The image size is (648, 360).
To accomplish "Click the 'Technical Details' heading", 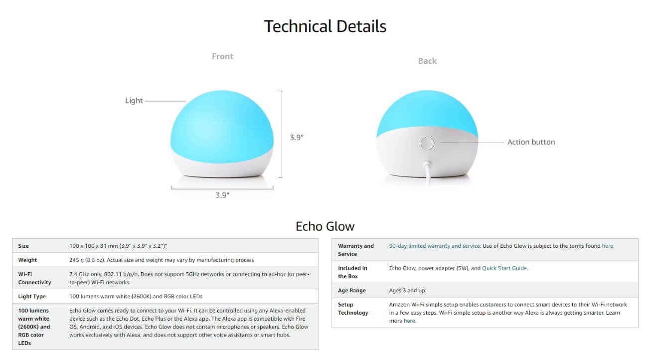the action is [x=325, y=26].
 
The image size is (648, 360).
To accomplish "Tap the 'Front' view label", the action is [x=222, y=56].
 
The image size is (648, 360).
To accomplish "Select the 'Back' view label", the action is [x=427, y=61].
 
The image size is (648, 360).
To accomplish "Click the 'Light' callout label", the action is [x=134, y=101].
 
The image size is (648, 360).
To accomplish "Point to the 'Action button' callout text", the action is [x=531, y=142].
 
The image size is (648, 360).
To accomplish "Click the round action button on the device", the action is [x=427, y=143].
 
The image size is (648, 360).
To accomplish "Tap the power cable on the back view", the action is [x=428, y=173].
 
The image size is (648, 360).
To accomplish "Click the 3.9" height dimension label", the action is [x=297, y=138].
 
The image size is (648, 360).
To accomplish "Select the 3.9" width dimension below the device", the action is [x=222, y=195].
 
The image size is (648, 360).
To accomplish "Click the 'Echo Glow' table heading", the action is [x=325, y=226].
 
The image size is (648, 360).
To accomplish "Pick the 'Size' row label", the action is [x=23, y=246].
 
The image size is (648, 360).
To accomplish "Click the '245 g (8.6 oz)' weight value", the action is [x=87, y=260].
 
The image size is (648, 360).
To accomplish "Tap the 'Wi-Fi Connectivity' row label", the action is [x=34, y=278].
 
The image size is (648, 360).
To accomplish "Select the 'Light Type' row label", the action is [x=32, y=296].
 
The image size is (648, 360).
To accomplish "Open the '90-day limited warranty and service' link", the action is [x=434, y=246].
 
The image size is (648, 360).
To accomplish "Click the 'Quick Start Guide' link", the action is [x=504, y=268].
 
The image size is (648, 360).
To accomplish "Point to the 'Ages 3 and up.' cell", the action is [x=407, y=290].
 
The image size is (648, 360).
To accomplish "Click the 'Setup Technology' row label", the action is [x=353, y=309].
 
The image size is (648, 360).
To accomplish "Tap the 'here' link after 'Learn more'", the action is [x=409, y=321].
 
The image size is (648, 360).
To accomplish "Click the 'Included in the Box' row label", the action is [x=352, y=272].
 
